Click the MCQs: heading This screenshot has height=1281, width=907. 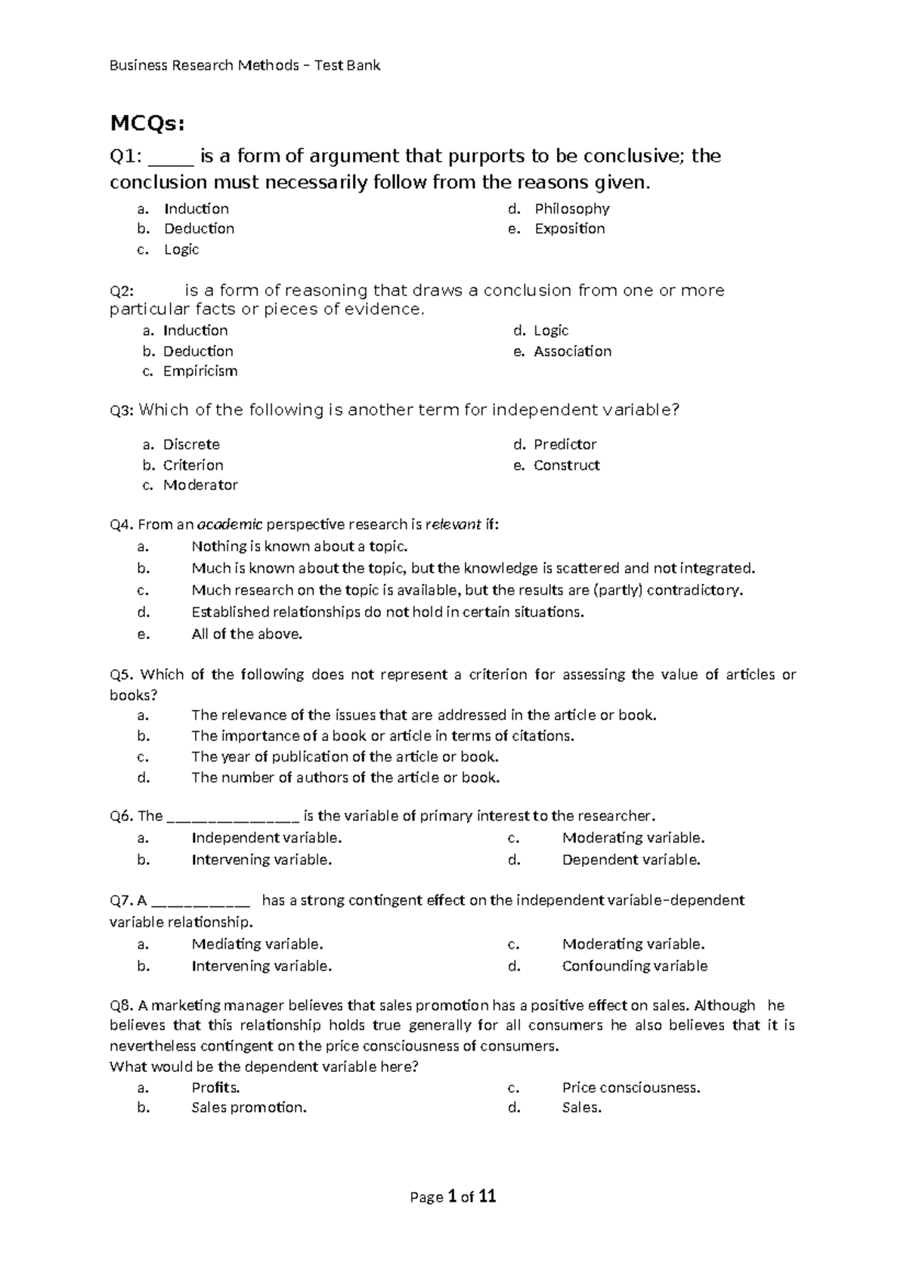point(147,123)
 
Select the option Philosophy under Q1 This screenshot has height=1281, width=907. point(571,208)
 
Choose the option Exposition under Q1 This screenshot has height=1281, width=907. point(569,229)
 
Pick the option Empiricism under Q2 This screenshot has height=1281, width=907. point(200,371)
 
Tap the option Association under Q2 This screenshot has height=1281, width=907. point(572,351)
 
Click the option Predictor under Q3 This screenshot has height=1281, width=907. point(565,444)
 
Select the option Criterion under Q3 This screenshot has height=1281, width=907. point(193,465)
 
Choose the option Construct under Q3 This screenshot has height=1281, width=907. point(566,465)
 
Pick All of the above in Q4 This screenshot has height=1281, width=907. point(246,634)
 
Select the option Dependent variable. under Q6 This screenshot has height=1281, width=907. point(631,860)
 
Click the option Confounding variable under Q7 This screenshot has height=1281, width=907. point(634,966)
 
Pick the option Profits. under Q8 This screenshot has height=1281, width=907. point(215,1088)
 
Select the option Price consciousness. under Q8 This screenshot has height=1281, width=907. point(631,1088)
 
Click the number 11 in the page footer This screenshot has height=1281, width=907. point(488,1196)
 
